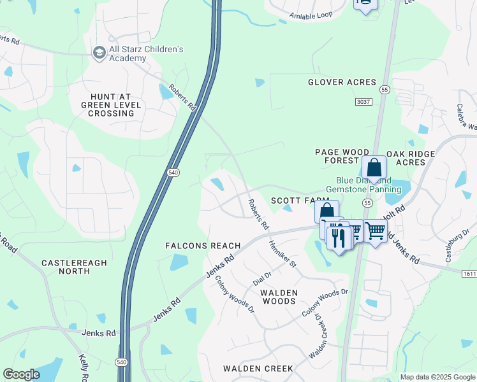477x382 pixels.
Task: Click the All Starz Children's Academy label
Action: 146,53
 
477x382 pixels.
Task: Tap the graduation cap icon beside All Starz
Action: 99,52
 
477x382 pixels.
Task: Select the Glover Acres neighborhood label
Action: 342,82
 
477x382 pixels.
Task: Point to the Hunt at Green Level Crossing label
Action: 107,104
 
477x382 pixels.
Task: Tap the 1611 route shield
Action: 469,272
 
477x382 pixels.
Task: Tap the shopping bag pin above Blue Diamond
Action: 374,169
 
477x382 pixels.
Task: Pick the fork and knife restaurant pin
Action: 339,238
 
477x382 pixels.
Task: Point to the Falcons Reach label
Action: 203,246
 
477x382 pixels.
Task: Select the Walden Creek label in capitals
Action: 258,369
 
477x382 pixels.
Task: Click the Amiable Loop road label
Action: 311,15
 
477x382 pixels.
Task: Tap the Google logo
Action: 21,374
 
